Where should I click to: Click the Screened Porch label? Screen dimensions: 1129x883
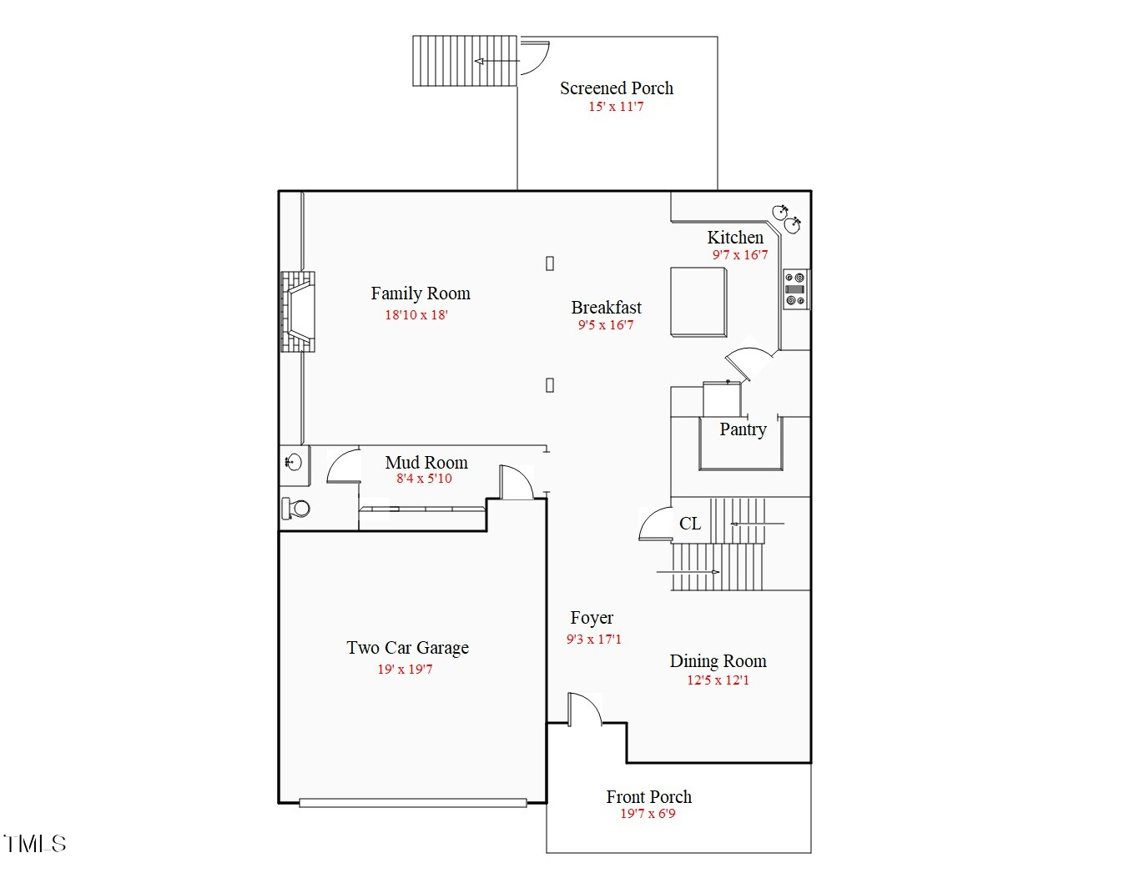point(616,88)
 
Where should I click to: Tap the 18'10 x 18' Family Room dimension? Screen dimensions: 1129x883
point(416,314)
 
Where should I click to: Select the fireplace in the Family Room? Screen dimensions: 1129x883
point(298,312)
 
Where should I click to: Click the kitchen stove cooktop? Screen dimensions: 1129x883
point(795,289)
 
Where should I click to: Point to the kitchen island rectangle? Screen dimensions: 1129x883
point(698,302)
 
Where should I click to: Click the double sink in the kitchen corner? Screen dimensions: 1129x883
point(786,218)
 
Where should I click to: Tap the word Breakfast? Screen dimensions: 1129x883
point(607,308)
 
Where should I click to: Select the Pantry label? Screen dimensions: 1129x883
point(743,429)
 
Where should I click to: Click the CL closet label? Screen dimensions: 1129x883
point(690,524)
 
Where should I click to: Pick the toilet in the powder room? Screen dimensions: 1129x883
point(295,509)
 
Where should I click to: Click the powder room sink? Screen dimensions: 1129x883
point(294,461)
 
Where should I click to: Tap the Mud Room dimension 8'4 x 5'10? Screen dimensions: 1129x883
point(424,478)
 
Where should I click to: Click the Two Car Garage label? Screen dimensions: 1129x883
point(408,648)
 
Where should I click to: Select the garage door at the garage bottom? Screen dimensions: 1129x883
point(413,803)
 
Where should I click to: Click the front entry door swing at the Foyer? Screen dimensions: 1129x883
point(585,709)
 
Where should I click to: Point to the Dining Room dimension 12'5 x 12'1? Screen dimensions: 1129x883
point(718,680)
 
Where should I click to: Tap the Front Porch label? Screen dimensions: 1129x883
point(649,797)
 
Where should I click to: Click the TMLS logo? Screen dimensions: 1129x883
point(35,844)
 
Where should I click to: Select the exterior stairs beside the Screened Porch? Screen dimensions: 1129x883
point(465,61)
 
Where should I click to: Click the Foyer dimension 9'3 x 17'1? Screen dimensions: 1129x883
point(594,639)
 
